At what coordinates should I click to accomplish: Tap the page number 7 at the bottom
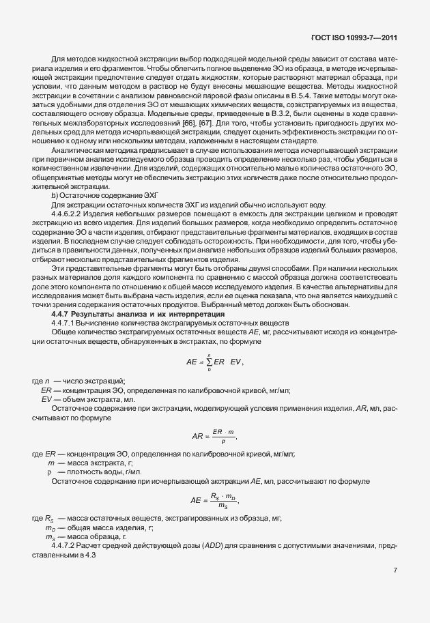pos(395,570)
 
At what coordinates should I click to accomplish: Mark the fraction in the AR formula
pos(218,435)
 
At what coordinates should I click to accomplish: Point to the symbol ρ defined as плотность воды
pos(49,472)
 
